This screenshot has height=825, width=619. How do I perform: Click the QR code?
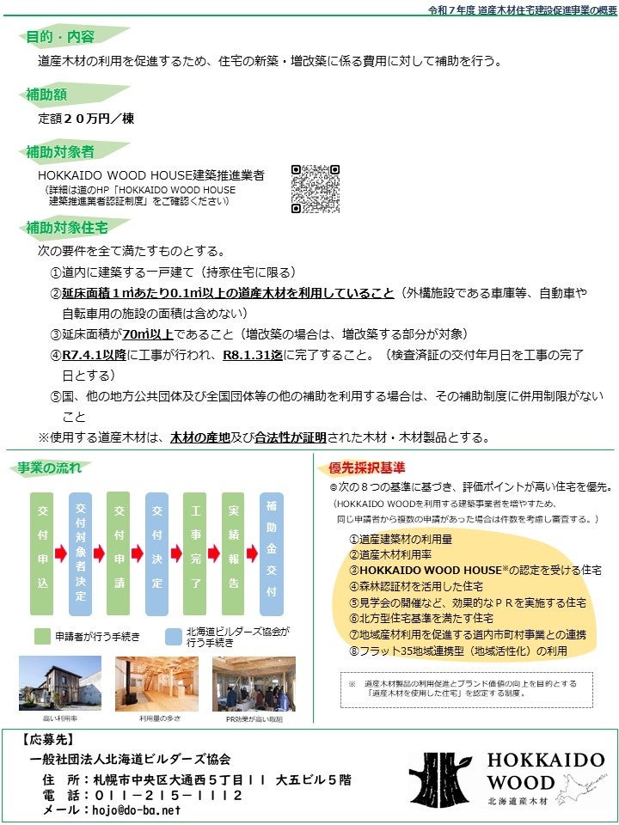[316, 188]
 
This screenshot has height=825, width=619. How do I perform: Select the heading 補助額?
[47, 94]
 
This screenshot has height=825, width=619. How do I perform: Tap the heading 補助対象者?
[60, 151]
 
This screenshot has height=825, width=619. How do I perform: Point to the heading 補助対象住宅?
[67, 228]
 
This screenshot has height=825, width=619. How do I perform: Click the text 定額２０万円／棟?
[86, 118]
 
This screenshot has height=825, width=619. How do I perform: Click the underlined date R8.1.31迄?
[253, 354]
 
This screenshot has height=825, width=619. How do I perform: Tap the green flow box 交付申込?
[42, 553]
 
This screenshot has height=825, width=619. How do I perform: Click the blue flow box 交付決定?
[156, 553]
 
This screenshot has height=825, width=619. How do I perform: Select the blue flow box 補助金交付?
[272, 553]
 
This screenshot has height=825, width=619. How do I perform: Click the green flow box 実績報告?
[233, 553]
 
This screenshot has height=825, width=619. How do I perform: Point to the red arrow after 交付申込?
[61, 553]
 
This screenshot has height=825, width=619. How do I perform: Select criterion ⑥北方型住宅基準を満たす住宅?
[421, 618]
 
